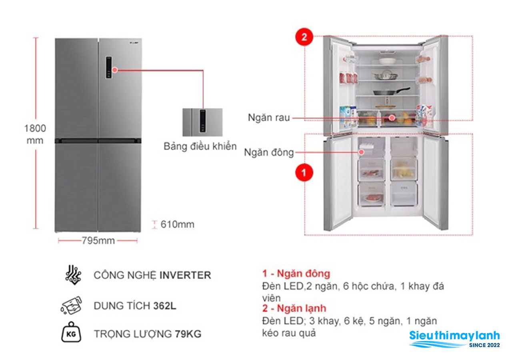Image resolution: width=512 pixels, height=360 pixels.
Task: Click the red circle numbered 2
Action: (x=304, y=37)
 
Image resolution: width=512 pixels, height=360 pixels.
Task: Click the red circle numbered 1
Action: (x=304, y=172)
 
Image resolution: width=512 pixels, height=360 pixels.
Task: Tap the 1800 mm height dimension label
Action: (x=35, y=134)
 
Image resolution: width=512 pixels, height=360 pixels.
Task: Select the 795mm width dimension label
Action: (x=98, y=241)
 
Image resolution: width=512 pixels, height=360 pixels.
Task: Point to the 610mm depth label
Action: (x=177, y=224)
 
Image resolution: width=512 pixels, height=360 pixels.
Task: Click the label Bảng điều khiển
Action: (x=200, y=146)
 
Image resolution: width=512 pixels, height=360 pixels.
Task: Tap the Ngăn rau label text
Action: (x=269, y=118)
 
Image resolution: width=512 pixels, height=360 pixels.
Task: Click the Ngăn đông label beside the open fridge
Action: (x=269, y=153)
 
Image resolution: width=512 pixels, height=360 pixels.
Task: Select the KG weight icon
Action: (x=71, y=332)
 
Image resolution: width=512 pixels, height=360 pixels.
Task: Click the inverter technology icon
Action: (x=73, y=275)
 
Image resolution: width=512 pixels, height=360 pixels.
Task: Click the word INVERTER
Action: (x=185, y=275)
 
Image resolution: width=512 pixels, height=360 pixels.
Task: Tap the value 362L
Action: (x=164, y=306)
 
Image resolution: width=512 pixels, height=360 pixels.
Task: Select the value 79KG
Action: (x=188, y=334)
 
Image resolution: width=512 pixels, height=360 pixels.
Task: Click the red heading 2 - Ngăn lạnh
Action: (x=294, y=308)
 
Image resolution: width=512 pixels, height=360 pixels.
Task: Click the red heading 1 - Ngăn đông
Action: (x=296, y=274)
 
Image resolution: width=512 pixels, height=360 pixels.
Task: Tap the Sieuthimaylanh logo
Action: (x=454, y=339)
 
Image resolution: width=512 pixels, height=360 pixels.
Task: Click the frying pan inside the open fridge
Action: (x=391, y=91)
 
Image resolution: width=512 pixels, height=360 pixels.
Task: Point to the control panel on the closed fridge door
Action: (x=109, y=68)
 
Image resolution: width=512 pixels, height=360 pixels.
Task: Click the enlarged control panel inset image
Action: (x=202, y=122)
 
